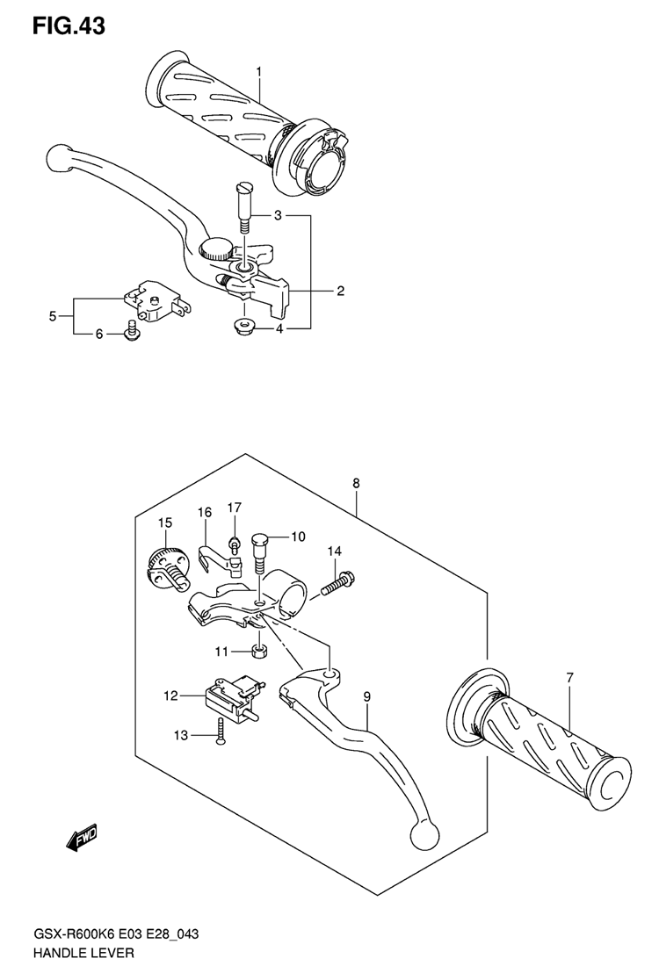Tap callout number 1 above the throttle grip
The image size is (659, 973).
pos(259,72)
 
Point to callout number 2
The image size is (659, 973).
pos(340,291)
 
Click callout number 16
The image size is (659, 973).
pos(205,512)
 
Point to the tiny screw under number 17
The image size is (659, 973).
pos(234,544)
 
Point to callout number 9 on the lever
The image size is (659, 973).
pos(367,697)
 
